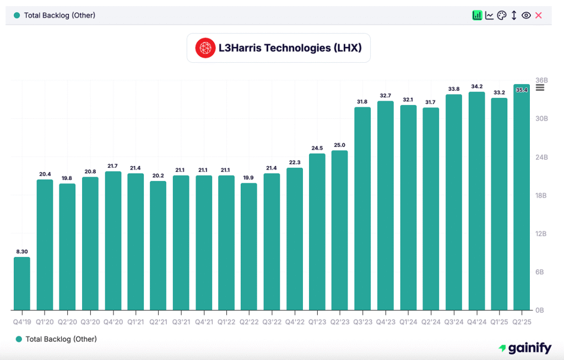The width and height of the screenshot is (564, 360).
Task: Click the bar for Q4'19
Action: tap(22, 283)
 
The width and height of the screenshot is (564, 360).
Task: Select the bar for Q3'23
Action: tap(362, 209)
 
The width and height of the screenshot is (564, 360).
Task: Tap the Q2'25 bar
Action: tap(522, 198)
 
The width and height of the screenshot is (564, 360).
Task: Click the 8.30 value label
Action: tap(22, 252)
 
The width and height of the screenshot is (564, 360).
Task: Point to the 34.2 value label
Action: tap(476, 86)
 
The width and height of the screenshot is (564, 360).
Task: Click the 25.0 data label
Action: tap(340, 145)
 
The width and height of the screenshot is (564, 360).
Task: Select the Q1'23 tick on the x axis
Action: tap(317, 320)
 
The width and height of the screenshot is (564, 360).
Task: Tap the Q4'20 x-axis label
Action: tap(113, 320)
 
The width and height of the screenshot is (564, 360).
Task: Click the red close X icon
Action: tap(539, 15)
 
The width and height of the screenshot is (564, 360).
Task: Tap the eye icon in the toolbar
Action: tap(526, 15)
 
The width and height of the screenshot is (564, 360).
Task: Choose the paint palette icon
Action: tap(501, 15)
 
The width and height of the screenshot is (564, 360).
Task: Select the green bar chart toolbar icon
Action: tap(477, 15)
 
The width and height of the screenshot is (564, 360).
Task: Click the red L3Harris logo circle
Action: tap(205, 48)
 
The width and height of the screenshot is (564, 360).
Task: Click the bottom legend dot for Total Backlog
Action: tap(19, 339)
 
